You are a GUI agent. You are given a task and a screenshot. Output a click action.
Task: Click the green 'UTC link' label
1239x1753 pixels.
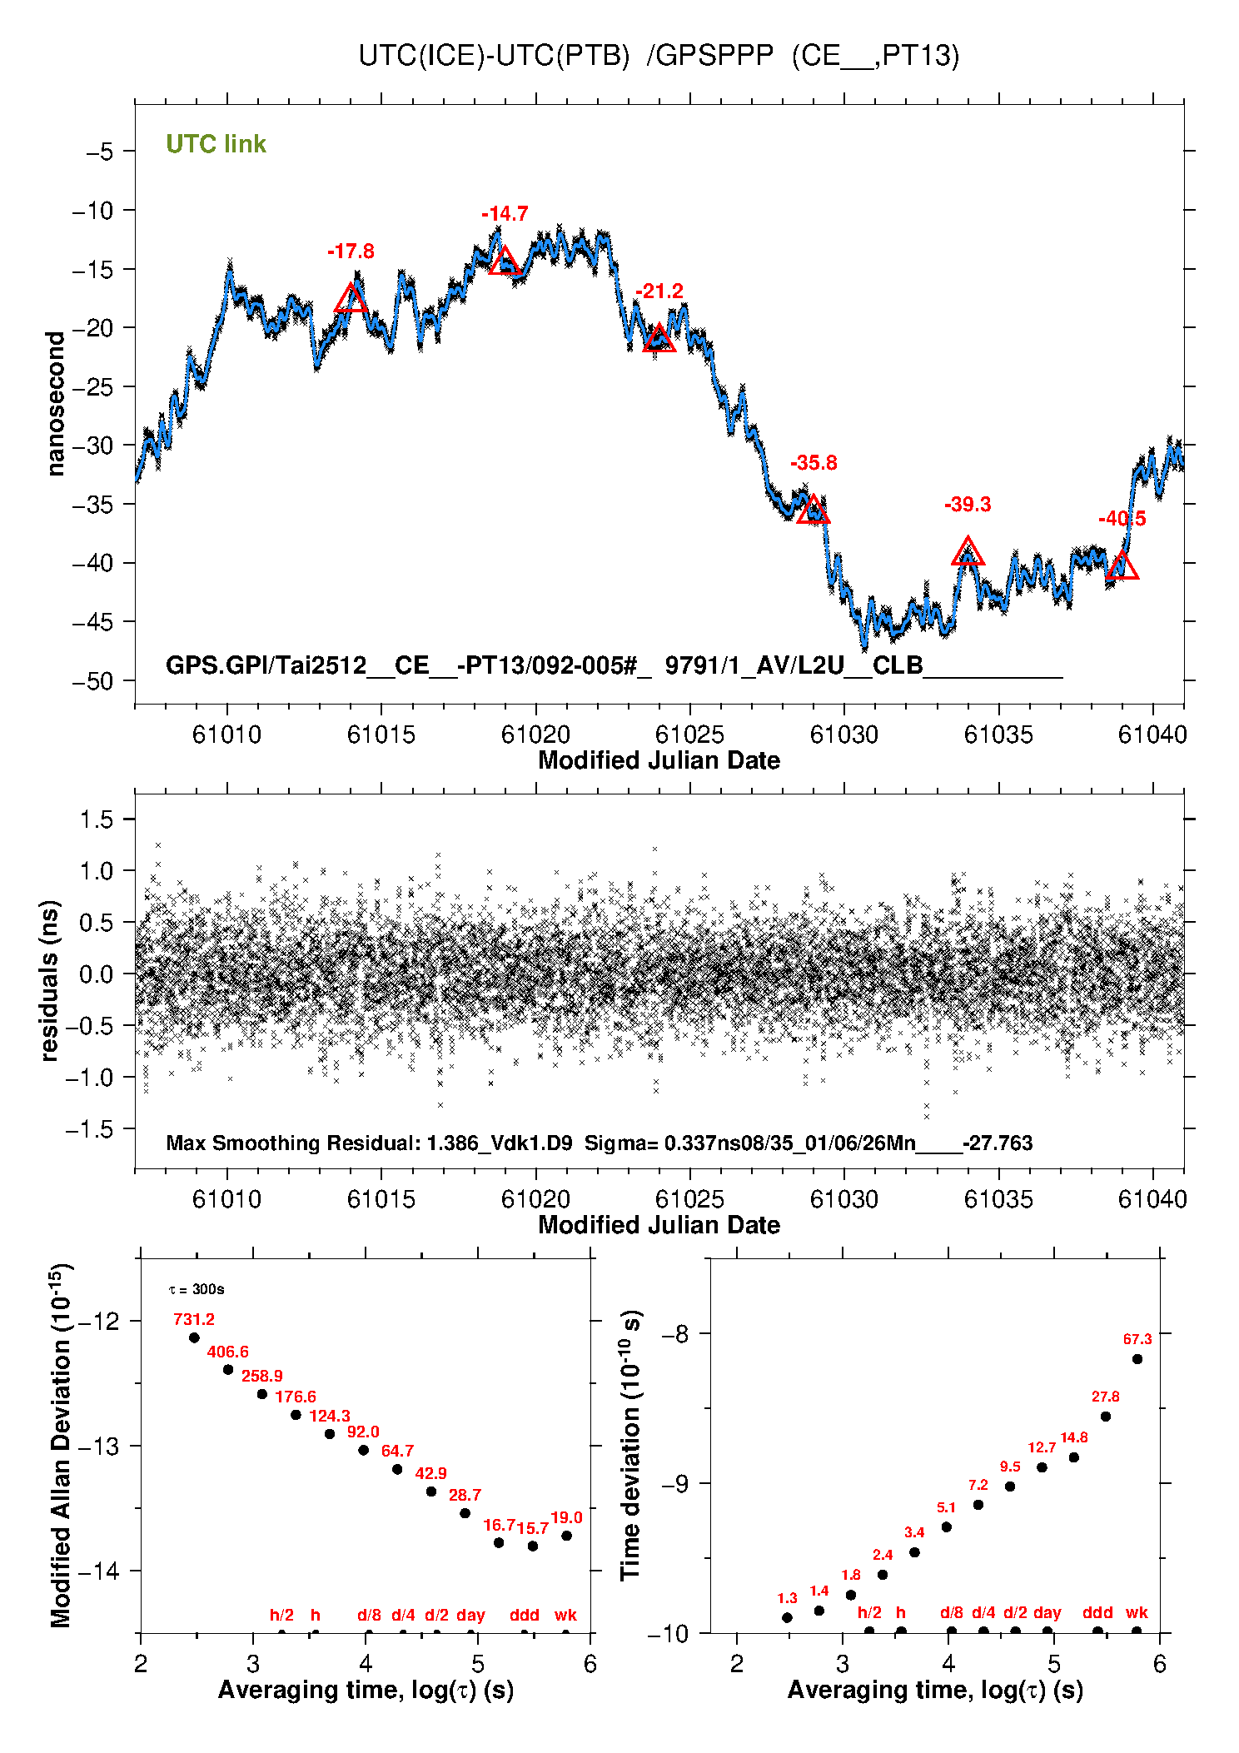click(x=216, y=144)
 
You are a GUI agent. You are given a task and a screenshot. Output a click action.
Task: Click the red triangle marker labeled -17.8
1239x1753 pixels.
click(x=351, y=299)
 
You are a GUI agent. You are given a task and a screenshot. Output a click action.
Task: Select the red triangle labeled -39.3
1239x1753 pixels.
click(x=968, y=552)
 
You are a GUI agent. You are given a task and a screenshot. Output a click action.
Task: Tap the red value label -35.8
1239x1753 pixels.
click(x=814, y=463)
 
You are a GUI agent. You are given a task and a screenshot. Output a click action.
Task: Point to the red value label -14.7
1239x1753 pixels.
click(x=505, y=214)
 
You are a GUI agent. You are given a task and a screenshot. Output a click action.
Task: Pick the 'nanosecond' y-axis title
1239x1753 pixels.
click(x=56, y=404)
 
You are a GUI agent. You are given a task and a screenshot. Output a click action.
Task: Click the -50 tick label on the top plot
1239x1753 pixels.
click(x=92, y=681)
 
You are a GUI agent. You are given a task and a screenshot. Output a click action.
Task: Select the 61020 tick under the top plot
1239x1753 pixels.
click(x=535, y=735)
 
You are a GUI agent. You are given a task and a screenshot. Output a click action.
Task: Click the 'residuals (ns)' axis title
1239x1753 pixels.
click(x=50, y=980)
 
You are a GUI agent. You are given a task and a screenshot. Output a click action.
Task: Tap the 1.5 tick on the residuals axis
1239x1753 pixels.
click(x=97, y=819)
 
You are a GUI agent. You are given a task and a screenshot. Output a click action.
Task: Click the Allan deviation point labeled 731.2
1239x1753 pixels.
click(x=194, y=1337)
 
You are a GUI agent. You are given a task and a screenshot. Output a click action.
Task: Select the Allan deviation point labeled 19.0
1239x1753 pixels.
click(x=566, y=1536)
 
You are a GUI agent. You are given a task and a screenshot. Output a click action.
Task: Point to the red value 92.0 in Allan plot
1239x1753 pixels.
click(x=363, y=1432)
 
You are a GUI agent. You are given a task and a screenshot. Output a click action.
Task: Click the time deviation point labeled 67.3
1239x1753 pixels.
click(x=1137, y=1359)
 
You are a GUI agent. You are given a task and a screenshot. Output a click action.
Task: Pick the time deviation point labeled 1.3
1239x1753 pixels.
click(x=787, y=1617)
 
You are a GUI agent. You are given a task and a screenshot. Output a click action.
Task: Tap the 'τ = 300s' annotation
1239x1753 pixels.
click(x=197, y=1289)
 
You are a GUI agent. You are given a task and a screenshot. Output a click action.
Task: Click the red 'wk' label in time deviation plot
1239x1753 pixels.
click(x=1137, y=1612)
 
